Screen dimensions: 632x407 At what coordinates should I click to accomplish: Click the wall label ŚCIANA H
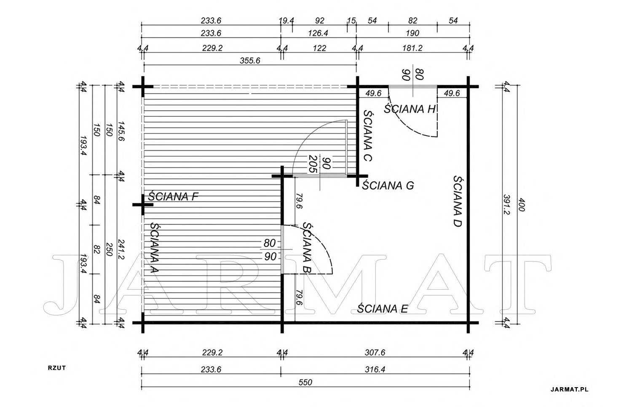point(410,109)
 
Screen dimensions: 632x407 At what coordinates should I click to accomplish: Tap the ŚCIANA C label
point(368,135)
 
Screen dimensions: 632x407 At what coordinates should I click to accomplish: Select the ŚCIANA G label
point(388,185)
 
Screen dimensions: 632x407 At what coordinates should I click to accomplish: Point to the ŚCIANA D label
point(458,201)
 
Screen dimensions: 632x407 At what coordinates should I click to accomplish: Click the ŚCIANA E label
point(382,309)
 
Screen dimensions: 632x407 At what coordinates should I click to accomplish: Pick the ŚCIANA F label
point(173,196)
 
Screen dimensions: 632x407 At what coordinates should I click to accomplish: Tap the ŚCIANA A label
point(154,248)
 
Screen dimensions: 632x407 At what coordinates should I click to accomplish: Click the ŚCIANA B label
point(307,248)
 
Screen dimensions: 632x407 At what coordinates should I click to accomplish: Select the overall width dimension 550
point(305,382)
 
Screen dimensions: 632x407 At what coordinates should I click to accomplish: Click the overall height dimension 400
point(520,205)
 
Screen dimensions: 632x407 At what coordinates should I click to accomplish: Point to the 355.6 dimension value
point(250,60)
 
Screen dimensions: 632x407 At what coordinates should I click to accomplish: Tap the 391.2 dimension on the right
point(506,205)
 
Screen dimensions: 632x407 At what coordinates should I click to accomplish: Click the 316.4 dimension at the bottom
point(375,369)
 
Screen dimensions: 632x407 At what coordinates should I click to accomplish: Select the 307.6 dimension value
point(375,352)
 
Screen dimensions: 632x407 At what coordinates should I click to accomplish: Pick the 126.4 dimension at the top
point(318,33)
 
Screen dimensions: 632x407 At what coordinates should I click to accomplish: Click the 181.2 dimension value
point(412,48)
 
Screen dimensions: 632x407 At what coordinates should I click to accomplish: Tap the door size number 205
point(313,164)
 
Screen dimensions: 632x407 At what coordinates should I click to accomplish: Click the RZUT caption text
point(57,368)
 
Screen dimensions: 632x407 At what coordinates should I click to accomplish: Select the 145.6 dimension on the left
point(121,131)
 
